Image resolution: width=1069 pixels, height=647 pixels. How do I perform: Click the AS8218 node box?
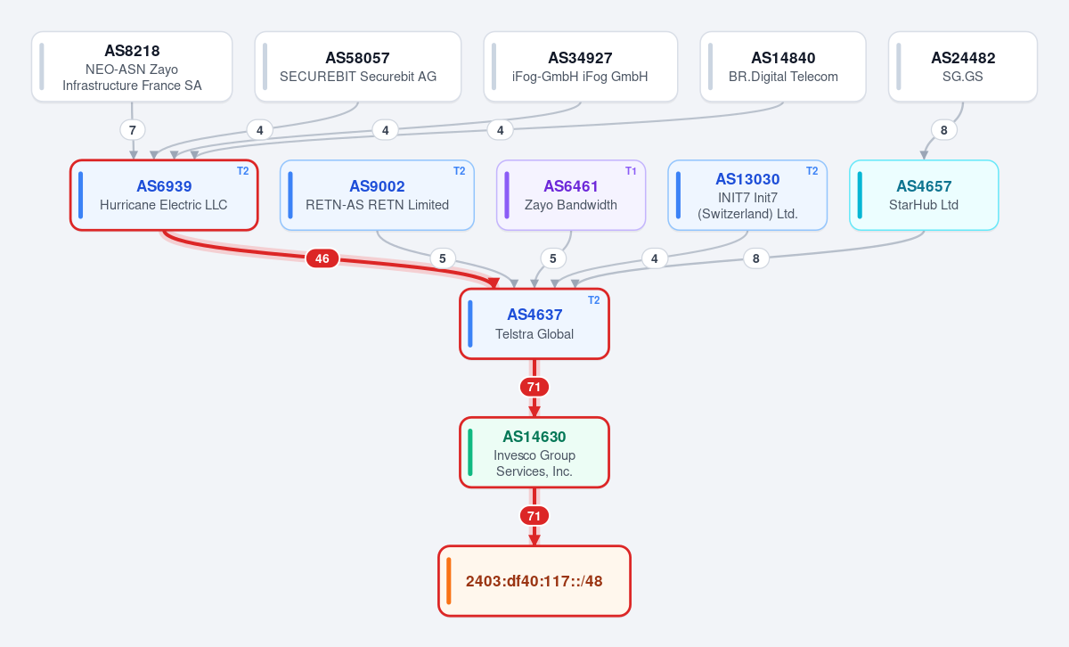132,67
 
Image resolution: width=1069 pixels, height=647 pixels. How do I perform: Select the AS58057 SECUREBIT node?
358,67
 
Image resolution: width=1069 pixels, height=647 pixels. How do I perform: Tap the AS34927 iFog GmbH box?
580,67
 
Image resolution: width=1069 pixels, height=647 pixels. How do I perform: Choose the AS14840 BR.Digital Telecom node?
783,67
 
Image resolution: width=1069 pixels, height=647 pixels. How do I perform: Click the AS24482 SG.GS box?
963,67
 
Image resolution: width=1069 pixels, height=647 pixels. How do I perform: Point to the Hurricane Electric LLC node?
164,195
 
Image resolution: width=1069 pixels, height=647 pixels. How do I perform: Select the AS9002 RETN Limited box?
377,195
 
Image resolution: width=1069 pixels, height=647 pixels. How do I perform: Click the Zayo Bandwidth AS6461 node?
571,195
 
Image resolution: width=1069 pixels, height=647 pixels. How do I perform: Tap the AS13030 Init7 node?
747,195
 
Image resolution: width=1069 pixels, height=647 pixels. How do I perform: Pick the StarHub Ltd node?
924,195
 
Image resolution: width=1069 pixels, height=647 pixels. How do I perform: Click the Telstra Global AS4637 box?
534,323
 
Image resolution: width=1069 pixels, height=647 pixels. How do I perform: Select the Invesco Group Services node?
534,453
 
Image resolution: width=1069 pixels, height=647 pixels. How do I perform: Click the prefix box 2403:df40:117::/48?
534,581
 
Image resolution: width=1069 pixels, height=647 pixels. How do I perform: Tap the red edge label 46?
322,258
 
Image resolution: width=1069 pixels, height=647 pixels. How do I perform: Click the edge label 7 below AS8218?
133,130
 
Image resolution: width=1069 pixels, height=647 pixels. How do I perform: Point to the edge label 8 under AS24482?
944,130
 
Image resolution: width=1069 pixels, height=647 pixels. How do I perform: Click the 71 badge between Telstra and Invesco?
534,387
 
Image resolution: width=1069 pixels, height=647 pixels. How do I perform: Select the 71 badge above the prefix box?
534,516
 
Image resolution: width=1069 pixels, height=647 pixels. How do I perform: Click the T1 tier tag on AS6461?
631,171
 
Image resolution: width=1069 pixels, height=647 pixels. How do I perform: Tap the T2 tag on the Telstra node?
593,300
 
